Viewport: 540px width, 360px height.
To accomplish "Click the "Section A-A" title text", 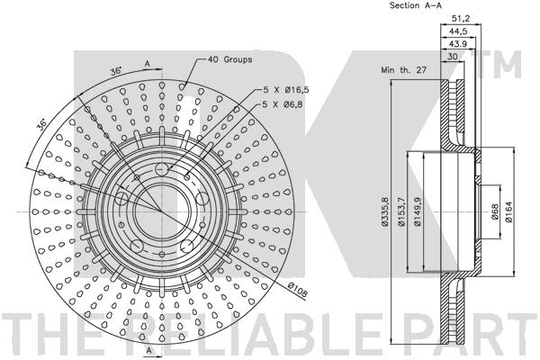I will point(417,6).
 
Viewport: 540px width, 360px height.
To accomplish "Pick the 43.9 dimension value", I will point(458,42).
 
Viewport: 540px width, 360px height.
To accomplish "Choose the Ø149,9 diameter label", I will point(418,211).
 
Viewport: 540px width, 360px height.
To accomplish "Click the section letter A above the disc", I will point(146,63).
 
